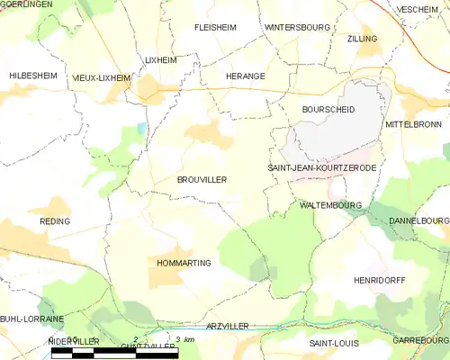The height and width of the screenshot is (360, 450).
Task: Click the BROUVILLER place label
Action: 201,180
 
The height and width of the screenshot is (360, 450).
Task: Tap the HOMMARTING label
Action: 184,263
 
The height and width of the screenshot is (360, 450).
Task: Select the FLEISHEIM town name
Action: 215,28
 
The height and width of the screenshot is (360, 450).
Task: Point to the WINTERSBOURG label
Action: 297,28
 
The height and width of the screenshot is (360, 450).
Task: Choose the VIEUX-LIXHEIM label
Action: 102,78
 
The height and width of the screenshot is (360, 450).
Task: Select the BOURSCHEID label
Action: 328,109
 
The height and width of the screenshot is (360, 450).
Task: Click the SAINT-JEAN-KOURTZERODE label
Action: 321,168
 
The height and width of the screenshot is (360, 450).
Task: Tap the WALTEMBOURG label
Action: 330,205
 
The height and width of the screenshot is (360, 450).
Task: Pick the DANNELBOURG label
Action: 418,220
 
